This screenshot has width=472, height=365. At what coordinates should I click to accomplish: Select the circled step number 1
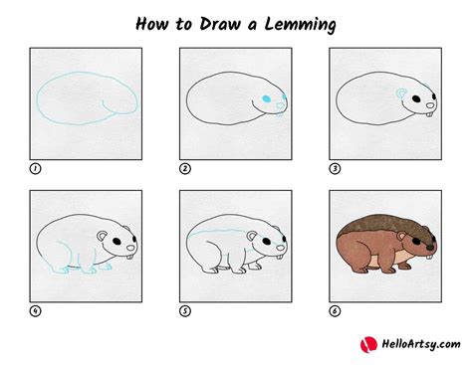35,168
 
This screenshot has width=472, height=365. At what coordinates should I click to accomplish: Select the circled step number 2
184,168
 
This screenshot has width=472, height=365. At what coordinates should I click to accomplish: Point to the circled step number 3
334,168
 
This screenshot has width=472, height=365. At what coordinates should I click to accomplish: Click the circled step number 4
35,309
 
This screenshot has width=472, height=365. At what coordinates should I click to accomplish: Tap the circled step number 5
184,309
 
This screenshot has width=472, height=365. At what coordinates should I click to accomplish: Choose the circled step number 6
334,309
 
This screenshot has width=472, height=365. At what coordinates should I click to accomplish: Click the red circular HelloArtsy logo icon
367,343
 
